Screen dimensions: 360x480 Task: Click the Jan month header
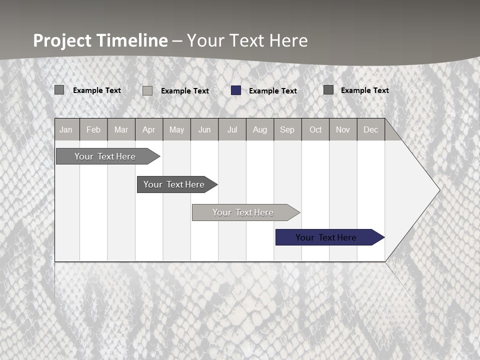click(66, 130)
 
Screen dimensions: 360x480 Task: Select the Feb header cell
click(93, 130)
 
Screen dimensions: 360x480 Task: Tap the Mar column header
click(121, 130)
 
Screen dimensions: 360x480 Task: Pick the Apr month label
click(148, 130)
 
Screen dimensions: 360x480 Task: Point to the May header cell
click(176, 130)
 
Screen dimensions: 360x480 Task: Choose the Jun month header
click(204, 130)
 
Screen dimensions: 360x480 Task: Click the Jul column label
click(232, 130)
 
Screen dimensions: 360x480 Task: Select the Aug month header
click(259, 130)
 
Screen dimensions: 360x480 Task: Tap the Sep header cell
click(287, 130)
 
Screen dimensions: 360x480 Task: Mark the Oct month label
click(315, 130)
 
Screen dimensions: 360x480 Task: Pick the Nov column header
click(343, 130)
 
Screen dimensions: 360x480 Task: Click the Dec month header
click(370, 130)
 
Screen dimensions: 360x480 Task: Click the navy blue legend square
click(236, 90)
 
